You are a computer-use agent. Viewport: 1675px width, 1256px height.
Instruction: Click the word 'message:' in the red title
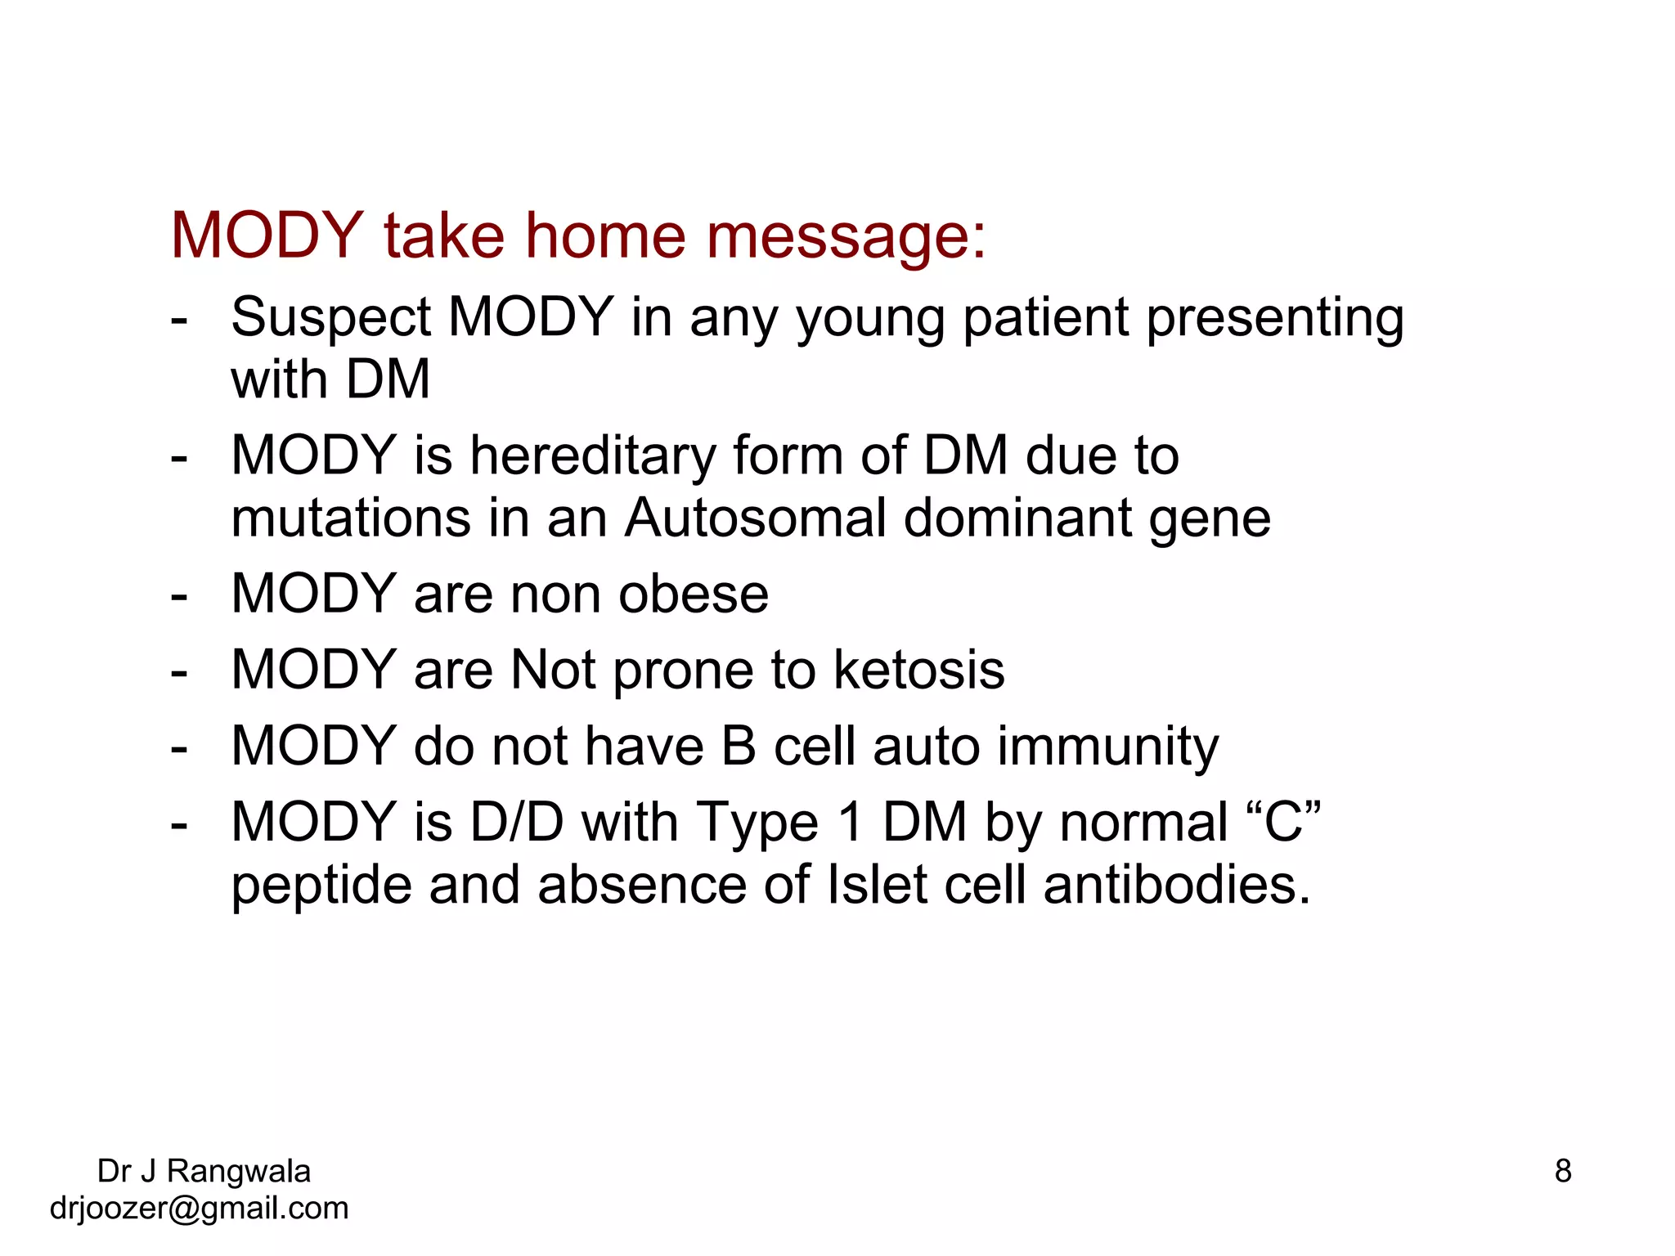tap(846, 237)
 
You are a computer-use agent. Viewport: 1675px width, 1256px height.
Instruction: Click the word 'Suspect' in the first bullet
tap(330, 317)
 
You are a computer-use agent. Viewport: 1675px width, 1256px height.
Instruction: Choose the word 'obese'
tap(693, 594)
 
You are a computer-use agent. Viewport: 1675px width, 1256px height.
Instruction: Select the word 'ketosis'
tap(918, 671)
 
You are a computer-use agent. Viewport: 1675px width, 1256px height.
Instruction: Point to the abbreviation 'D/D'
tap(517, 822)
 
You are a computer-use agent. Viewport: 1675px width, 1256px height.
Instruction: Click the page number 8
tap(1563, 1171)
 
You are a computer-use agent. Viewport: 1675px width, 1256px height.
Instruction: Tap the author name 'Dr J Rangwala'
tap(204, 1171)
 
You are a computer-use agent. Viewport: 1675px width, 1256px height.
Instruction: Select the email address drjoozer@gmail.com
tap(199, 1209)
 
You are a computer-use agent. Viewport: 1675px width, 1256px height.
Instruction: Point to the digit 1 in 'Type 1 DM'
tap(851, 822)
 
